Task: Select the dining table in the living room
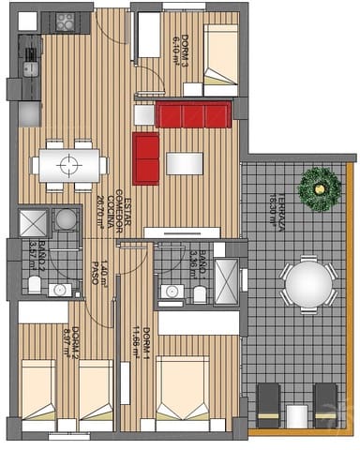67,165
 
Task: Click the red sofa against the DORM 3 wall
193,115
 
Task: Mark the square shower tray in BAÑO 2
33,221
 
